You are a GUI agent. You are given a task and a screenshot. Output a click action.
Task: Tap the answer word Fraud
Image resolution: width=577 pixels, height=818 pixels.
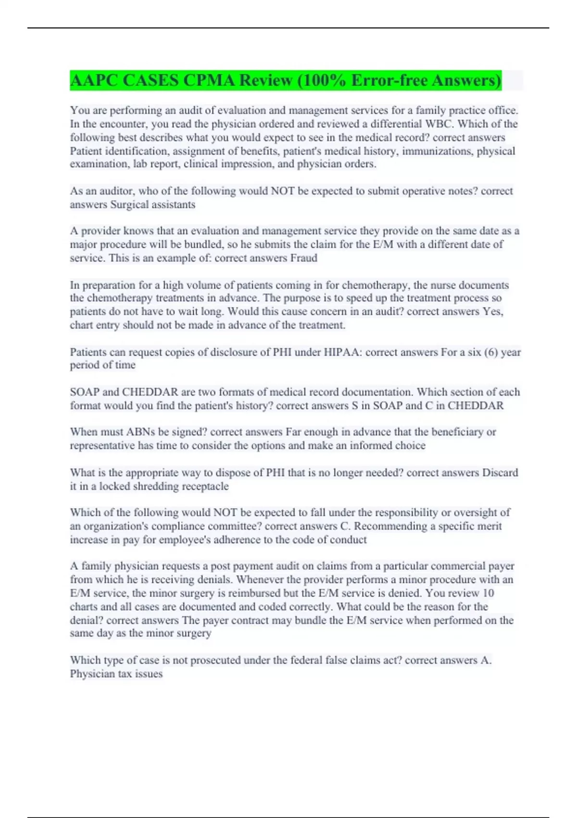click(303, 258)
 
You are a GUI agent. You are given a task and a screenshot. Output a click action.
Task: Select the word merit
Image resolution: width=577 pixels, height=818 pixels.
click(489, 526)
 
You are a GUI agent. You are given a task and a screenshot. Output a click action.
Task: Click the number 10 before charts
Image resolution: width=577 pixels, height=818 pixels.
click(488, 593)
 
